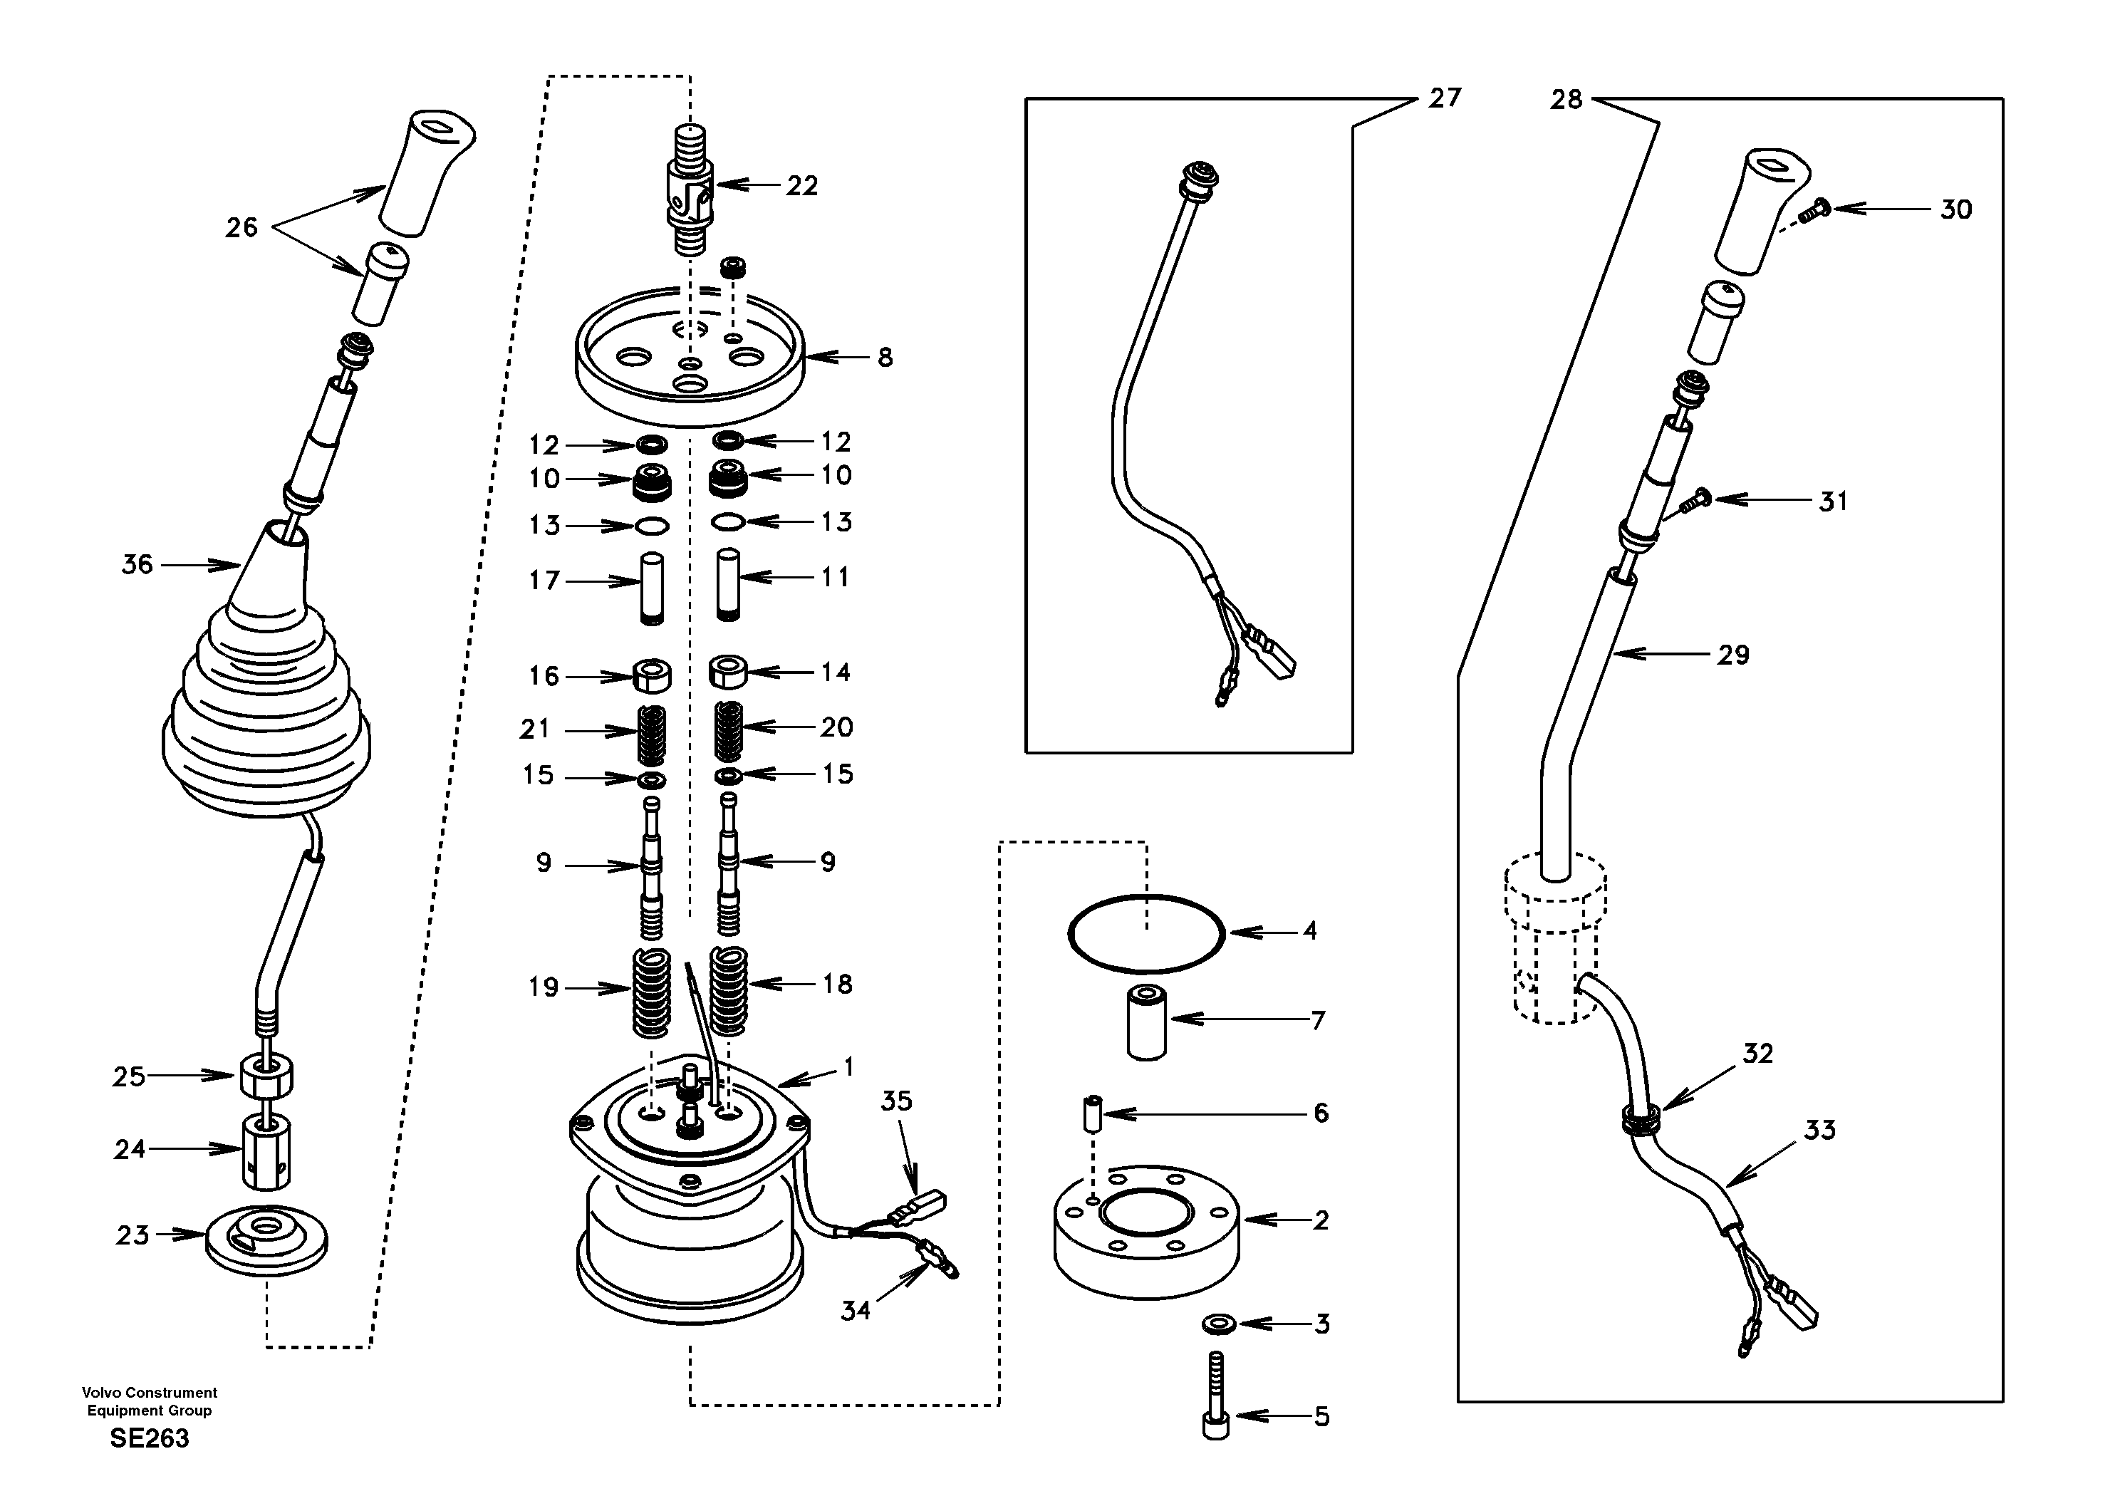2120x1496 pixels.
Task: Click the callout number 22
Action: point(801,187)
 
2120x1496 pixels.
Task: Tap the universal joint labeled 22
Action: point(690,194)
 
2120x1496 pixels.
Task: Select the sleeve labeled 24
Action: point(266,1150)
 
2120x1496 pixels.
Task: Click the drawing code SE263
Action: point(150,1438)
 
